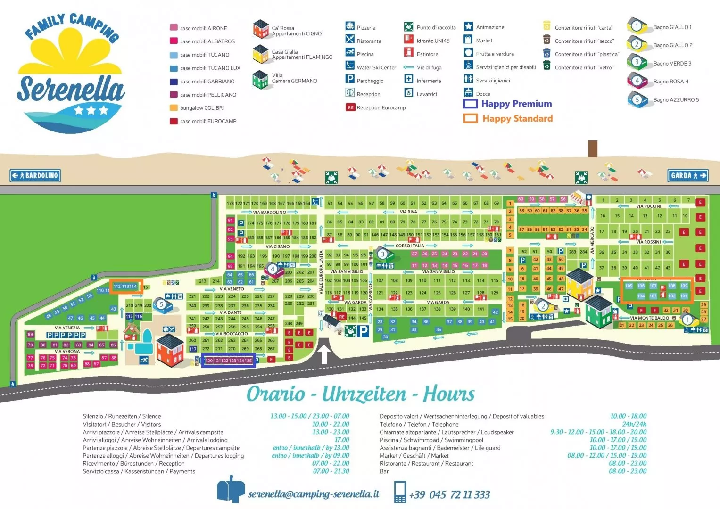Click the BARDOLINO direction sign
[x=35, y=176]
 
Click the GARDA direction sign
[x=688, y=176]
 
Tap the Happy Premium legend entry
[x=508, y=104]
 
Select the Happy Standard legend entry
[x=508, y=118]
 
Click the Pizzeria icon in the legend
[x=350, y=26]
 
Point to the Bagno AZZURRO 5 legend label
[x=676, y=100]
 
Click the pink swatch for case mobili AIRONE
[x=174, y=28]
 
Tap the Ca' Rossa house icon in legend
[x=260, y=29]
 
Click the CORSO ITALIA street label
[x=409, y=246]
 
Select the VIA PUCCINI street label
[x=648, y=206]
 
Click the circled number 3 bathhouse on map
[x=382, y=254]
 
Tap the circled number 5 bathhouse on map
[x=161, y=304]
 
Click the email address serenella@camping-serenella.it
[x=314, y=494]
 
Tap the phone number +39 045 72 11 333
[x=449, y=494]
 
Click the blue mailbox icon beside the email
[x=231, y=490]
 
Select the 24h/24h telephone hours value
[x=634, y=424]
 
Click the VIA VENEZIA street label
[x=67, y=328]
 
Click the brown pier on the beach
[x=593, y=148]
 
